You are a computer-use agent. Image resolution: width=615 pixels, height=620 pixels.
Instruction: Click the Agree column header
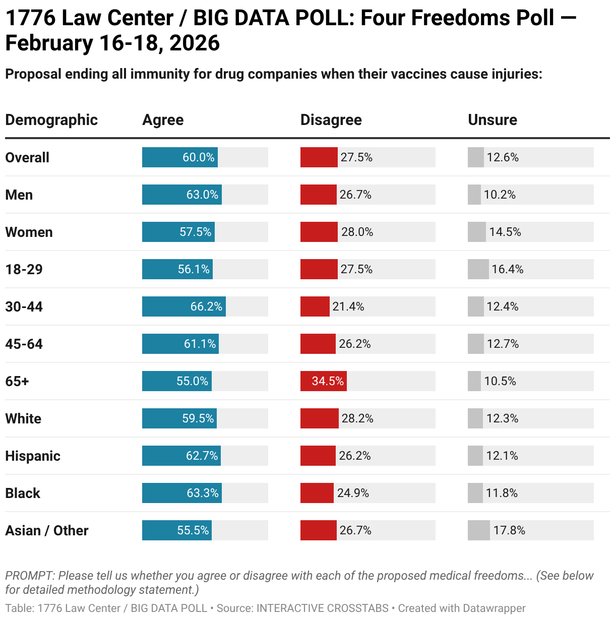[x=163, y=120]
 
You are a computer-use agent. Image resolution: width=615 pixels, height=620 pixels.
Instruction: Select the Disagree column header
[x=331, y=120]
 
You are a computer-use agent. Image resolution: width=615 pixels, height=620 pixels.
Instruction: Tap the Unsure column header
[x=492, y=120]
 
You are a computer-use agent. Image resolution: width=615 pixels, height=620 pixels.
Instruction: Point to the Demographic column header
[x=51, y=120]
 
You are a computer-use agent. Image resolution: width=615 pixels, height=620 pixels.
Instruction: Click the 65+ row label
[x=17, y=381]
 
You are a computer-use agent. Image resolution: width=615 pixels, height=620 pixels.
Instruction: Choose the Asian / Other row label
[x=47, y=530]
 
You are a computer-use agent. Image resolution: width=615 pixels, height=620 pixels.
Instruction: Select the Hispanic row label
[x=33, y=456]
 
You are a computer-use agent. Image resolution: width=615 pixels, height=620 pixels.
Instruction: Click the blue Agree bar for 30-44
[x=183, y=306]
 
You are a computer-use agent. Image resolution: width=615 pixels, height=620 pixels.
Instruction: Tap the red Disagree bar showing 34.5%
[x=323, y=381]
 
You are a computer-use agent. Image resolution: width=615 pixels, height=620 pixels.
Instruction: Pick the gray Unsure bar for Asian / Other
[x=478, y=530]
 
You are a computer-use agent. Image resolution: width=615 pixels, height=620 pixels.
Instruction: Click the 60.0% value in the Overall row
[x=199, y=157]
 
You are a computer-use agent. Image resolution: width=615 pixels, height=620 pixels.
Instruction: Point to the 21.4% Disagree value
[x=348, y=306]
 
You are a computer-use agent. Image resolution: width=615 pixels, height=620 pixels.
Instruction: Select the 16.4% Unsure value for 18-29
[x=507, y=269]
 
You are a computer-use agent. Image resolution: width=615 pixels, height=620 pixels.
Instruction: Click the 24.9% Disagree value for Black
[x=353, y=493]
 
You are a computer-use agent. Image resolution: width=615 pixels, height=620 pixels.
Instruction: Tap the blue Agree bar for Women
[x=178, y=232]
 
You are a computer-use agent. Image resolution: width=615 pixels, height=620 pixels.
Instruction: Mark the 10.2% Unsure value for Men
[x=500, y=195]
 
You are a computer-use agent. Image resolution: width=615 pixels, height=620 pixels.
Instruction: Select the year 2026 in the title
[x=195, y=43]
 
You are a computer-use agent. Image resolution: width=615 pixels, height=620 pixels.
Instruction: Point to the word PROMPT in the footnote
[x=29, y=576]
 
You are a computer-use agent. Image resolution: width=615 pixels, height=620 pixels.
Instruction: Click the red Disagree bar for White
[x=319, y=418]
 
